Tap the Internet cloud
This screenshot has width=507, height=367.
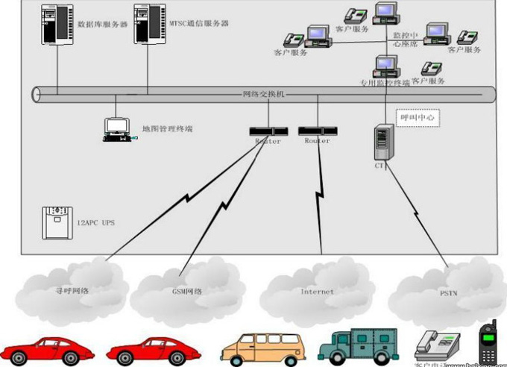coord(317,288)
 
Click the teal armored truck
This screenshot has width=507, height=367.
coord(358,346)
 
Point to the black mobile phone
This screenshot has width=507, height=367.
coord(488,345)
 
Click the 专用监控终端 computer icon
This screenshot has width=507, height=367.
coord(385,68)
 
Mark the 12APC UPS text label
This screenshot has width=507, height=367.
coord(96,222)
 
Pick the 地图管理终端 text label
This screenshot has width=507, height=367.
coord(168,129)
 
